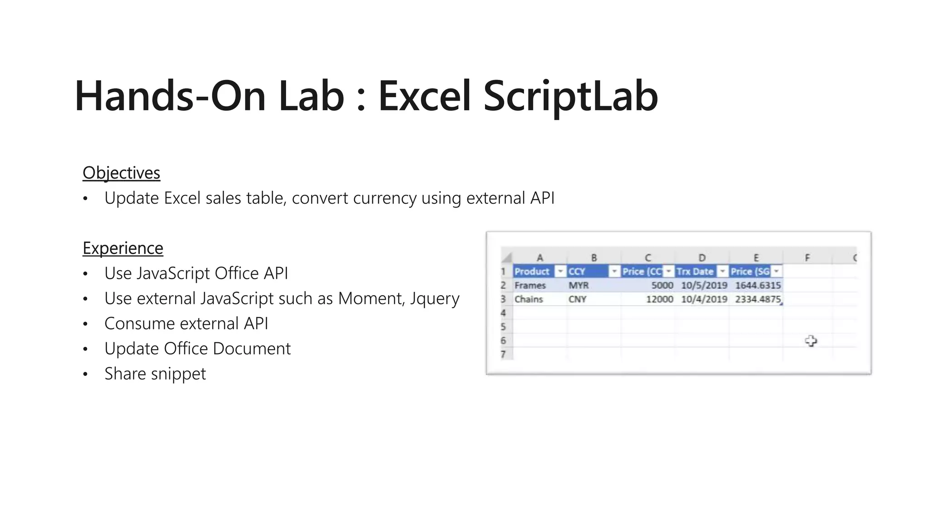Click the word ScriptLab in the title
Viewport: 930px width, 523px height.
[570, 96]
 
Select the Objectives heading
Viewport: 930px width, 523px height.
[121, 173]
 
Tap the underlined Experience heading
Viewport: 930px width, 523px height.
[123, 248]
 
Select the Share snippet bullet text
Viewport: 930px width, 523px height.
[155, 374]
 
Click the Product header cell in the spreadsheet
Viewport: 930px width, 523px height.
[532, 271]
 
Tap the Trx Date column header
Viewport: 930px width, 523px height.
[695, 271]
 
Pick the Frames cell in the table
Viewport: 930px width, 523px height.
[530, 286]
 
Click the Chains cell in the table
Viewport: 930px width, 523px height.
[529, 299]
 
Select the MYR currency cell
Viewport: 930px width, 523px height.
[579, 286]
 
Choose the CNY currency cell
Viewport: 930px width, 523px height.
[577, 299]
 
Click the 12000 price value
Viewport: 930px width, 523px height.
[659, 299]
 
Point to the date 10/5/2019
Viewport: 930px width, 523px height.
[704, 286]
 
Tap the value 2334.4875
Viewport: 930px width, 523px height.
[757, 299]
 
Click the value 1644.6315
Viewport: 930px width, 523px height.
[758, 286]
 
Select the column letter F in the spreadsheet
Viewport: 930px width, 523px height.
[807, 258]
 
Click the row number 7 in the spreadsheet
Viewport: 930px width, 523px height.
[503, 354]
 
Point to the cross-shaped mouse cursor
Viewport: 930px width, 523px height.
[811, 341]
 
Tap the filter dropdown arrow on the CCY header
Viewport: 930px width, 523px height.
[614, 271]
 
